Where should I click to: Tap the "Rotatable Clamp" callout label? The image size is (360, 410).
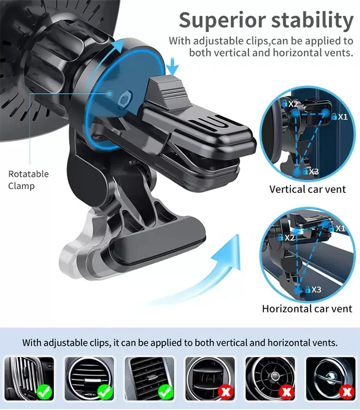click(28, 180)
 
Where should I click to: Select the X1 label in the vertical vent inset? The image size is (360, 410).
click(342, 116)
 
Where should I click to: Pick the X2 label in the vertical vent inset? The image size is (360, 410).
click(292, 103)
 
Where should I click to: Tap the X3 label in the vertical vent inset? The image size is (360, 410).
click(313, 171)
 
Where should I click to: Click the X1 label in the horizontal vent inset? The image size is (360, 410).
click(340, 229)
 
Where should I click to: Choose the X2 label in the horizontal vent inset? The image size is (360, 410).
click(289, 237)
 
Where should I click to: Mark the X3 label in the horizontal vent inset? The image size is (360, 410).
click(316, 289)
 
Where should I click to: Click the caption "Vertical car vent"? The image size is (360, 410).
click(307, 189)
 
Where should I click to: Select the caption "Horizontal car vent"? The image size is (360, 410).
click(307, 309)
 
